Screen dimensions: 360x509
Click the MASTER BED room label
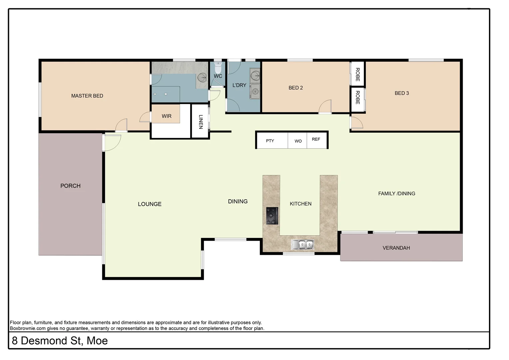87,96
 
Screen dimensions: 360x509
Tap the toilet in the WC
218,68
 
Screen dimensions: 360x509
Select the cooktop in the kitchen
272,216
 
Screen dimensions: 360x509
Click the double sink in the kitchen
302,245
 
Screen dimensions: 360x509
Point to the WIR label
167,116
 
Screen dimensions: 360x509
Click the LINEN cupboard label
201,122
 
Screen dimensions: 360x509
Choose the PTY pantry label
270,141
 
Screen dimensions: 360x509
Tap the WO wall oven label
298,141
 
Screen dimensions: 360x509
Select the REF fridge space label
316,139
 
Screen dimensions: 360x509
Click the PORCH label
70,186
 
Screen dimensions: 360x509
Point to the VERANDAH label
396,248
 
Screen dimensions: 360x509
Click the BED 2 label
295,88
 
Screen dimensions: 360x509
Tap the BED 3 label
401,93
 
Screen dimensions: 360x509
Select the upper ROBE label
357,74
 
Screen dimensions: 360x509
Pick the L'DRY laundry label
239,85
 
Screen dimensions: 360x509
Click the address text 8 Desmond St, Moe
60,341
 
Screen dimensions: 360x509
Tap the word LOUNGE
150,204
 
